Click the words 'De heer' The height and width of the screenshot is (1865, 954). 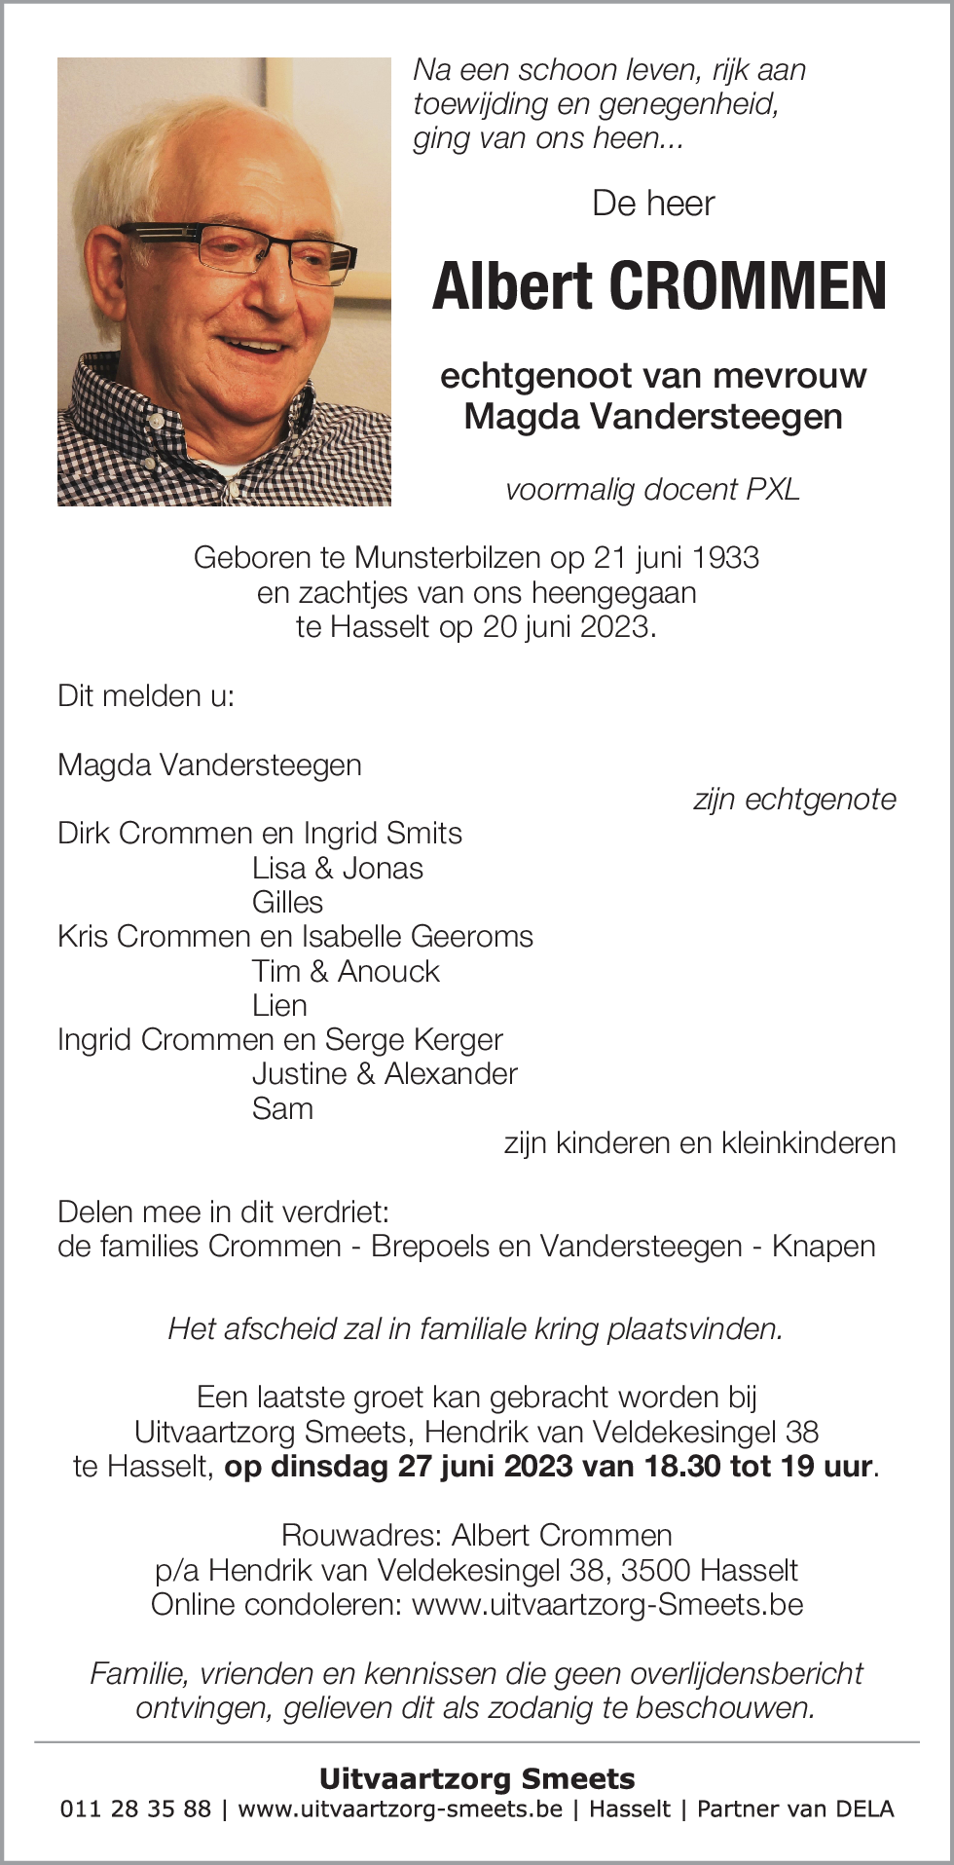(x=653, y=204)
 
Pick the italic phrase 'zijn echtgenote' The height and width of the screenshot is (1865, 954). (x=794, y=800)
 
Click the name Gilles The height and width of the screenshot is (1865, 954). (x=287, y=903)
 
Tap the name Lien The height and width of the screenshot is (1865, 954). (x=279, y=1005)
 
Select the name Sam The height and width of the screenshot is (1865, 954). (x=282, y=1108)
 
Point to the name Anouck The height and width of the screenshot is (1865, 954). (x=388, y=971)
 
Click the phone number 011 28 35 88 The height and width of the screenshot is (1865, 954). (x=135, y=1809)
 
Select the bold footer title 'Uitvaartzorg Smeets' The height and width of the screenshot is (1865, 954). (x=477, y=1779)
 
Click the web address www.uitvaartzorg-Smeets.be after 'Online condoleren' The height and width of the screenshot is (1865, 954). (x=607, y=1604)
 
